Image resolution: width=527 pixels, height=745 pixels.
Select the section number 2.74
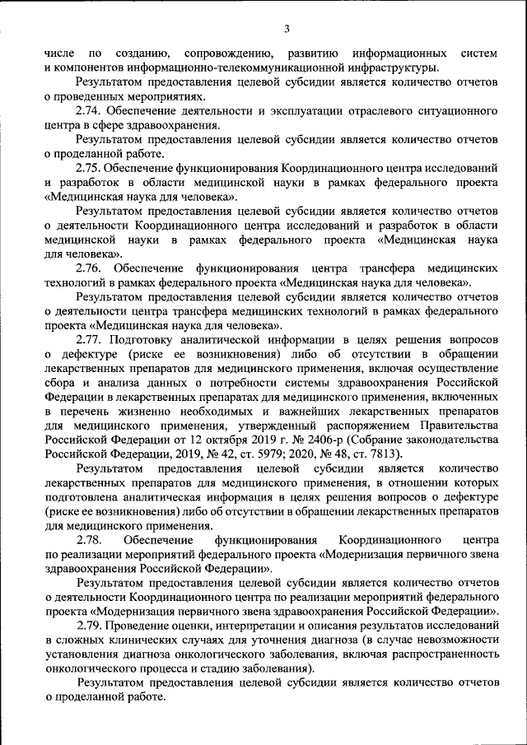pos(88,111)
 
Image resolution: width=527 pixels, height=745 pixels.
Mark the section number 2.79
pos(88,626)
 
